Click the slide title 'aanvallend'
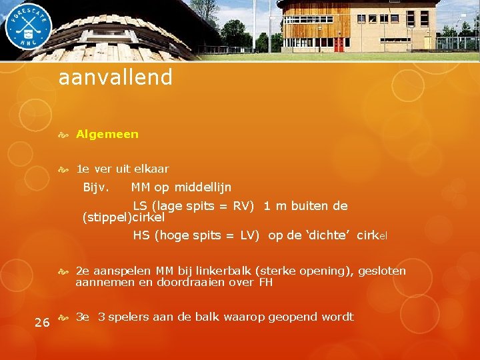115,78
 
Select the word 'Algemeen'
107,134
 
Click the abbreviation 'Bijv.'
96,187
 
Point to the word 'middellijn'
203,187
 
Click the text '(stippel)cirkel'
123,217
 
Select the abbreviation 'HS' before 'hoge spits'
141,235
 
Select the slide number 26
41,323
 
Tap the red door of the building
339,45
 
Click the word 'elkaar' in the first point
151,169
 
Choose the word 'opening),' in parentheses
331,271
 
